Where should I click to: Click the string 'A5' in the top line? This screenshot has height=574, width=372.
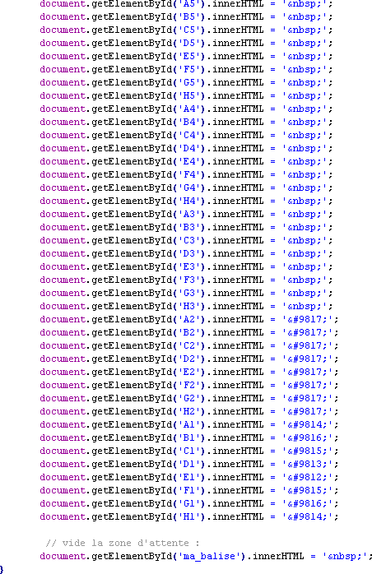[x=189, y=3]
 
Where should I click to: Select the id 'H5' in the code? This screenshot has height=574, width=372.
[x=189, y=96]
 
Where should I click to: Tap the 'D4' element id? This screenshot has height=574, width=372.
[x=189, y=149]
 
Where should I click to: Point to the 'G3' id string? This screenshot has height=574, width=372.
[x=189, y=294]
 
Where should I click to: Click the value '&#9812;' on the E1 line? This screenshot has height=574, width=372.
[x=308, y=477]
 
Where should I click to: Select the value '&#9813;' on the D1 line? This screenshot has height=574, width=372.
[x=308, y=464]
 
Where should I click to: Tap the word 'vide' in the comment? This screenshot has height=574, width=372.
[x=74, y=543]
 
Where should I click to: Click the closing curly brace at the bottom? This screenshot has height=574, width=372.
[x=2, y=569]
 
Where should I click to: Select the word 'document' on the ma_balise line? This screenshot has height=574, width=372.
[x=63, y=557]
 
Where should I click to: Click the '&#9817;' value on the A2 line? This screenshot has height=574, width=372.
[x=308, y=320]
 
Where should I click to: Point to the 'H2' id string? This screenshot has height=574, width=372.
[x=189, y=411]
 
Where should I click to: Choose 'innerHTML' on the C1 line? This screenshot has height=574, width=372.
[x=238, y=451]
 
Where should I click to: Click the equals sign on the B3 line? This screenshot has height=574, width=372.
[x=272, y=228]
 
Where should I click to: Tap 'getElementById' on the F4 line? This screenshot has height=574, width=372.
[x=132, y=175]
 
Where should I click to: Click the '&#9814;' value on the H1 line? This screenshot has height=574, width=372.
[x=308, y=517]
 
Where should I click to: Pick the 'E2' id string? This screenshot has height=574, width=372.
[x=189, y=372]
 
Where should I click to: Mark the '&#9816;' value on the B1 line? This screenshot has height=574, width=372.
[x=308, y=437]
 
